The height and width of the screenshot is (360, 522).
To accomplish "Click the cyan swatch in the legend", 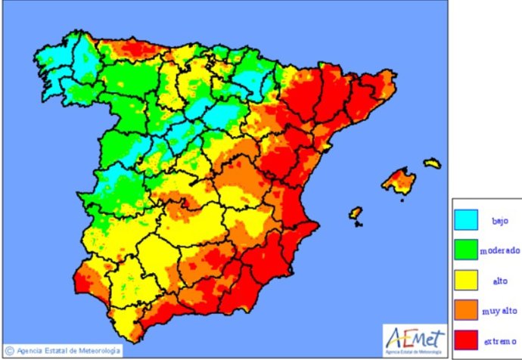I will point(468,219).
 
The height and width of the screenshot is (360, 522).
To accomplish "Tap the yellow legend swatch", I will point(468,279).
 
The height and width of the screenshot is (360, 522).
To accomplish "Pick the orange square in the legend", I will point(468,309).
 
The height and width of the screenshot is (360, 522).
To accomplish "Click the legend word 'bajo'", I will point(501,220).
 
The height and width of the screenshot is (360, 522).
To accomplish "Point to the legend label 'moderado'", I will point(500,250).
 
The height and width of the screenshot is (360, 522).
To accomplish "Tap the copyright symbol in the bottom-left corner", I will point(9,350).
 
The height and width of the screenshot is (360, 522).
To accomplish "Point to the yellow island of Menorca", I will point(432,162).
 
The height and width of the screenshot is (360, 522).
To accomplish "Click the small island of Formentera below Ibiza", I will point(358,224).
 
